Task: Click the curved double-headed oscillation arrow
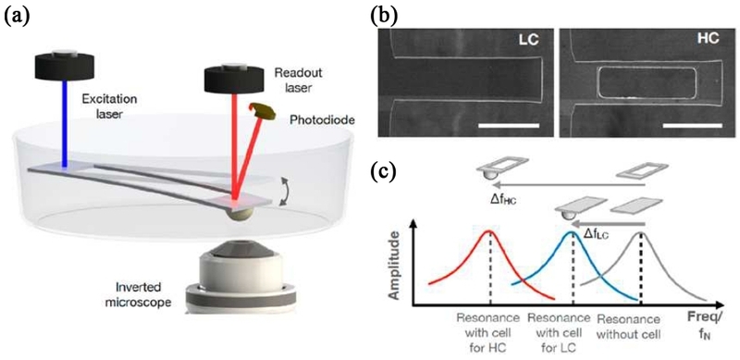click(x=285, y=191)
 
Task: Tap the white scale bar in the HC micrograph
click(x=692, y=125)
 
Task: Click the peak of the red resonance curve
click(x=490, y=230)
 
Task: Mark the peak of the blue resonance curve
click(x=573, y=231)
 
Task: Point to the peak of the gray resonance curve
click(x=641, y=232)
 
